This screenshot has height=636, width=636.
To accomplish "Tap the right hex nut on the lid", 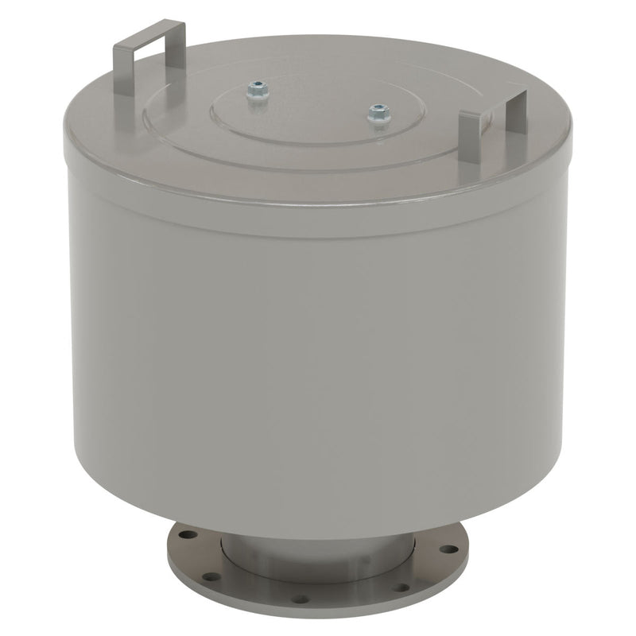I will (x=378, y=115).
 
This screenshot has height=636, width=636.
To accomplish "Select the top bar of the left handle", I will (x=151, y=35).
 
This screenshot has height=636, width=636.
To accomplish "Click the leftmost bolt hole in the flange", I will (x=183, y=536).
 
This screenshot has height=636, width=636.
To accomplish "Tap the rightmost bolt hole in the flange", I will (x=449, y=549).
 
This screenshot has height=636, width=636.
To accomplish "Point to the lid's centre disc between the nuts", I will (x=318, y=107).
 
